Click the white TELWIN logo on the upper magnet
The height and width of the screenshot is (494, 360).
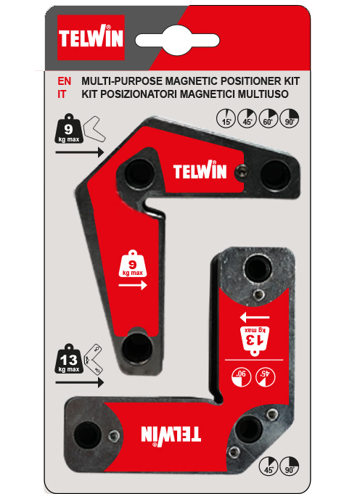pos(200,171)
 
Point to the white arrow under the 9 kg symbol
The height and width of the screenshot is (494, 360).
pos(133,285)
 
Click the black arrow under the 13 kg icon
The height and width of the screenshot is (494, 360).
pos(81,381)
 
